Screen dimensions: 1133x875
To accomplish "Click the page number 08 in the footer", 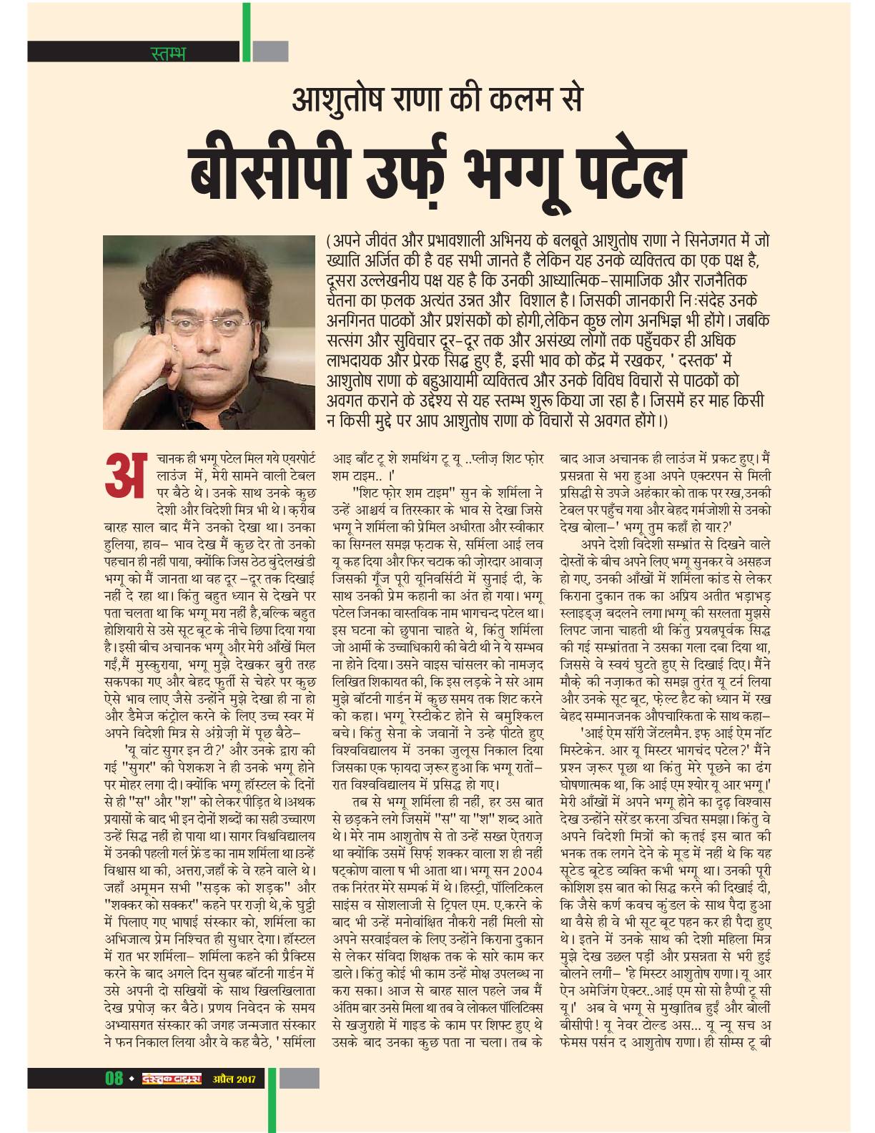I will [112, 1078].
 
